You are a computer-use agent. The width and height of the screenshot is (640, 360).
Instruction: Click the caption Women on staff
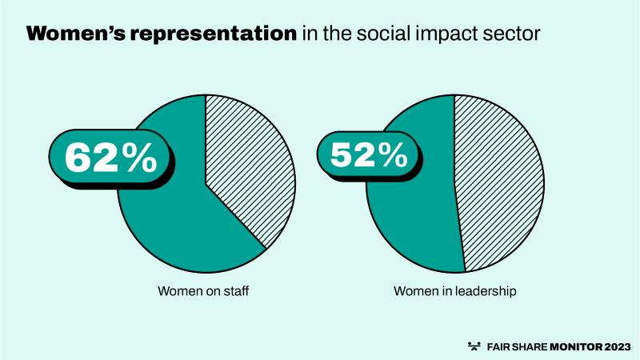click(204, 291)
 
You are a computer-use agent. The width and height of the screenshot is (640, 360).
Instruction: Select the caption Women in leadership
click(454, 291)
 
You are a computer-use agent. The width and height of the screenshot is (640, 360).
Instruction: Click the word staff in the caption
click(236, 291)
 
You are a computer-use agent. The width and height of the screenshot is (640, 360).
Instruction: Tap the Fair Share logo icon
click(474, 346)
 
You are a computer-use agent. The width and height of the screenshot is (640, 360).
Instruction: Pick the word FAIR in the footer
click(497, 346)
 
